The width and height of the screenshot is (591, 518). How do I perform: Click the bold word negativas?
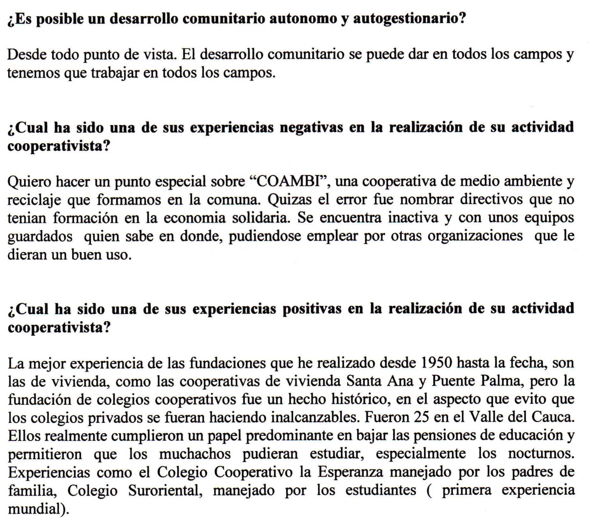pos(311,127)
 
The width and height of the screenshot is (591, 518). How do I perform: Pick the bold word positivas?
pos(312,309)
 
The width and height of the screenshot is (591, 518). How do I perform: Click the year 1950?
pos(436,363)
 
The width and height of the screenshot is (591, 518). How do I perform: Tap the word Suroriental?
pos(165,490)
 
